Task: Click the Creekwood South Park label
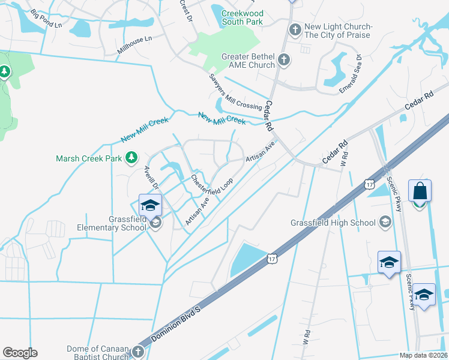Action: pyautogui.click(x=242, y=17)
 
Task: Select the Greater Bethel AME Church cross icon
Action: pyautogui.click(x=283, y=61)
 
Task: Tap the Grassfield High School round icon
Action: pyautogui.click(x=384, y=223)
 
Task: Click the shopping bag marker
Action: pyautogui.click(x=420, y=191)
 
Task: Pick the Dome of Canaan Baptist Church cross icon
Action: pyautogui.click(x=138, y=353)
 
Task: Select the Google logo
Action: pyautogui.click(x=20, y=353)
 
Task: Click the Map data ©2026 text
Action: pyautogui.click(x=423, y=355)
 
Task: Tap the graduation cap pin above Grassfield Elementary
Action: pyautogui.click(x=150, y=206)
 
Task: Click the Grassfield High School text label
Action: pyautogui.click(x=333, y=223)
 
